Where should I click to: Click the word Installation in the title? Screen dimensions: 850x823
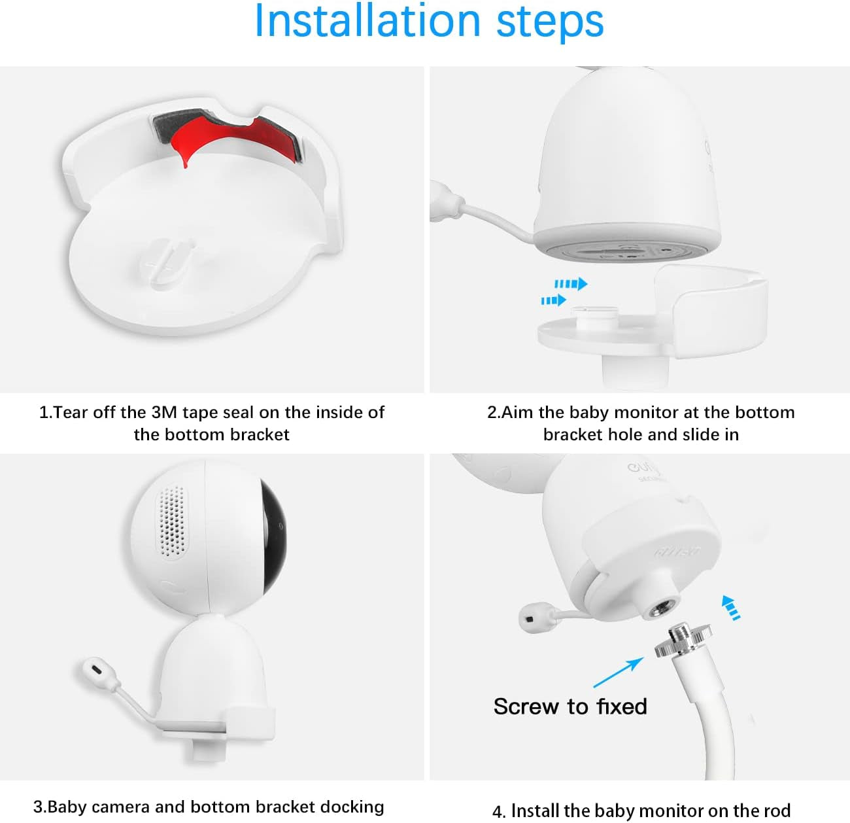pyautogui.click(x=367, y=21)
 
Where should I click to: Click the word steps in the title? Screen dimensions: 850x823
pyautogui.click(x=550, y=24)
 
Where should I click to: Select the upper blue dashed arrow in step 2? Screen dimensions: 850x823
pyautogui.click(x=571, y=284)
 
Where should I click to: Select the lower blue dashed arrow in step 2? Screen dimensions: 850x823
pyautogui.click(x=553, y=300)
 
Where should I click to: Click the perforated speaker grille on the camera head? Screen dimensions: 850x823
pyautogui.click(x=171, y=521)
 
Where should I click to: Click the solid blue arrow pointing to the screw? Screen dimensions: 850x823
pyautogui.click(x=618, y=673)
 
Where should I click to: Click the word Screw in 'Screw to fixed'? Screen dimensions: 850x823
pyautogui.click(x=526, y=707)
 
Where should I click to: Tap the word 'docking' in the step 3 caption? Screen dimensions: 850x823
pyautogui.click(x=352, y=807)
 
